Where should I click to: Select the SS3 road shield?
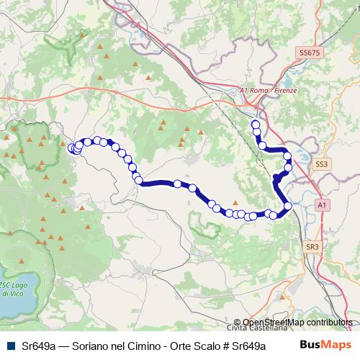point(321,165)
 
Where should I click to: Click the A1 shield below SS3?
point(322,205)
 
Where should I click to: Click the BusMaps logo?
point(321,345)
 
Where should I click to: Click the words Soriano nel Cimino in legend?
point(104,346)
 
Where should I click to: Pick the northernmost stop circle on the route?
point(255,125)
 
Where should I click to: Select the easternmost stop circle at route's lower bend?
point(288,207)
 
